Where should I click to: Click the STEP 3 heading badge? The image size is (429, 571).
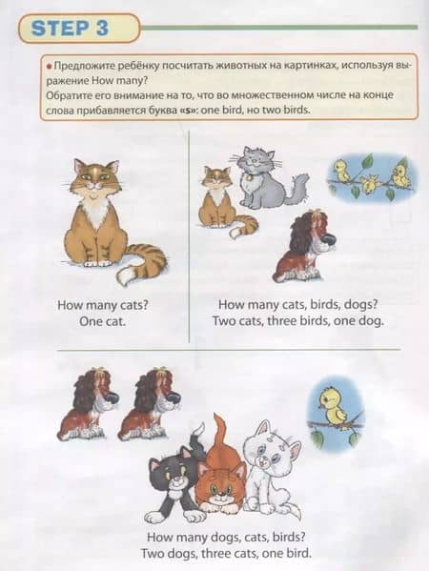pos(79,28)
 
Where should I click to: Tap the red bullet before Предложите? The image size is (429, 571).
pos(49,67)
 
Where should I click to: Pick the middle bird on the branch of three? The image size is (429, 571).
pos(369,184)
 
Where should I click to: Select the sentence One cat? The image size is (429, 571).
pos(102,321)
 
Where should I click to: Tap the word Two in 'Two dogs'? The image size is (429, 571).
pos(153,554)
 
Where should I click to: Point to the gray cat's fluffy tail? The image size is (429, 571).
pos(296,189)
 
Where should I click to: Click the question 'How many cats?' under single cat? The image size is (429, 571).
pos(103,305)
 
